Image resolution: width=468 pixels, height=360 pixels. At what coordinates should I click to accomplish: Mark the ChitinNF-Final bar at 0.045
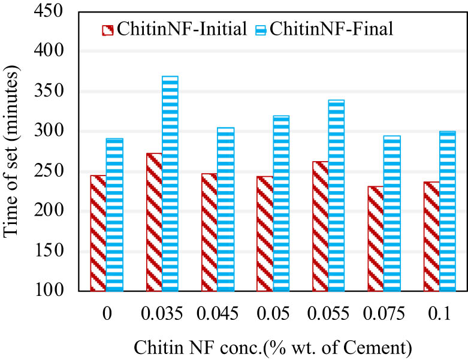(225, 209)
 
